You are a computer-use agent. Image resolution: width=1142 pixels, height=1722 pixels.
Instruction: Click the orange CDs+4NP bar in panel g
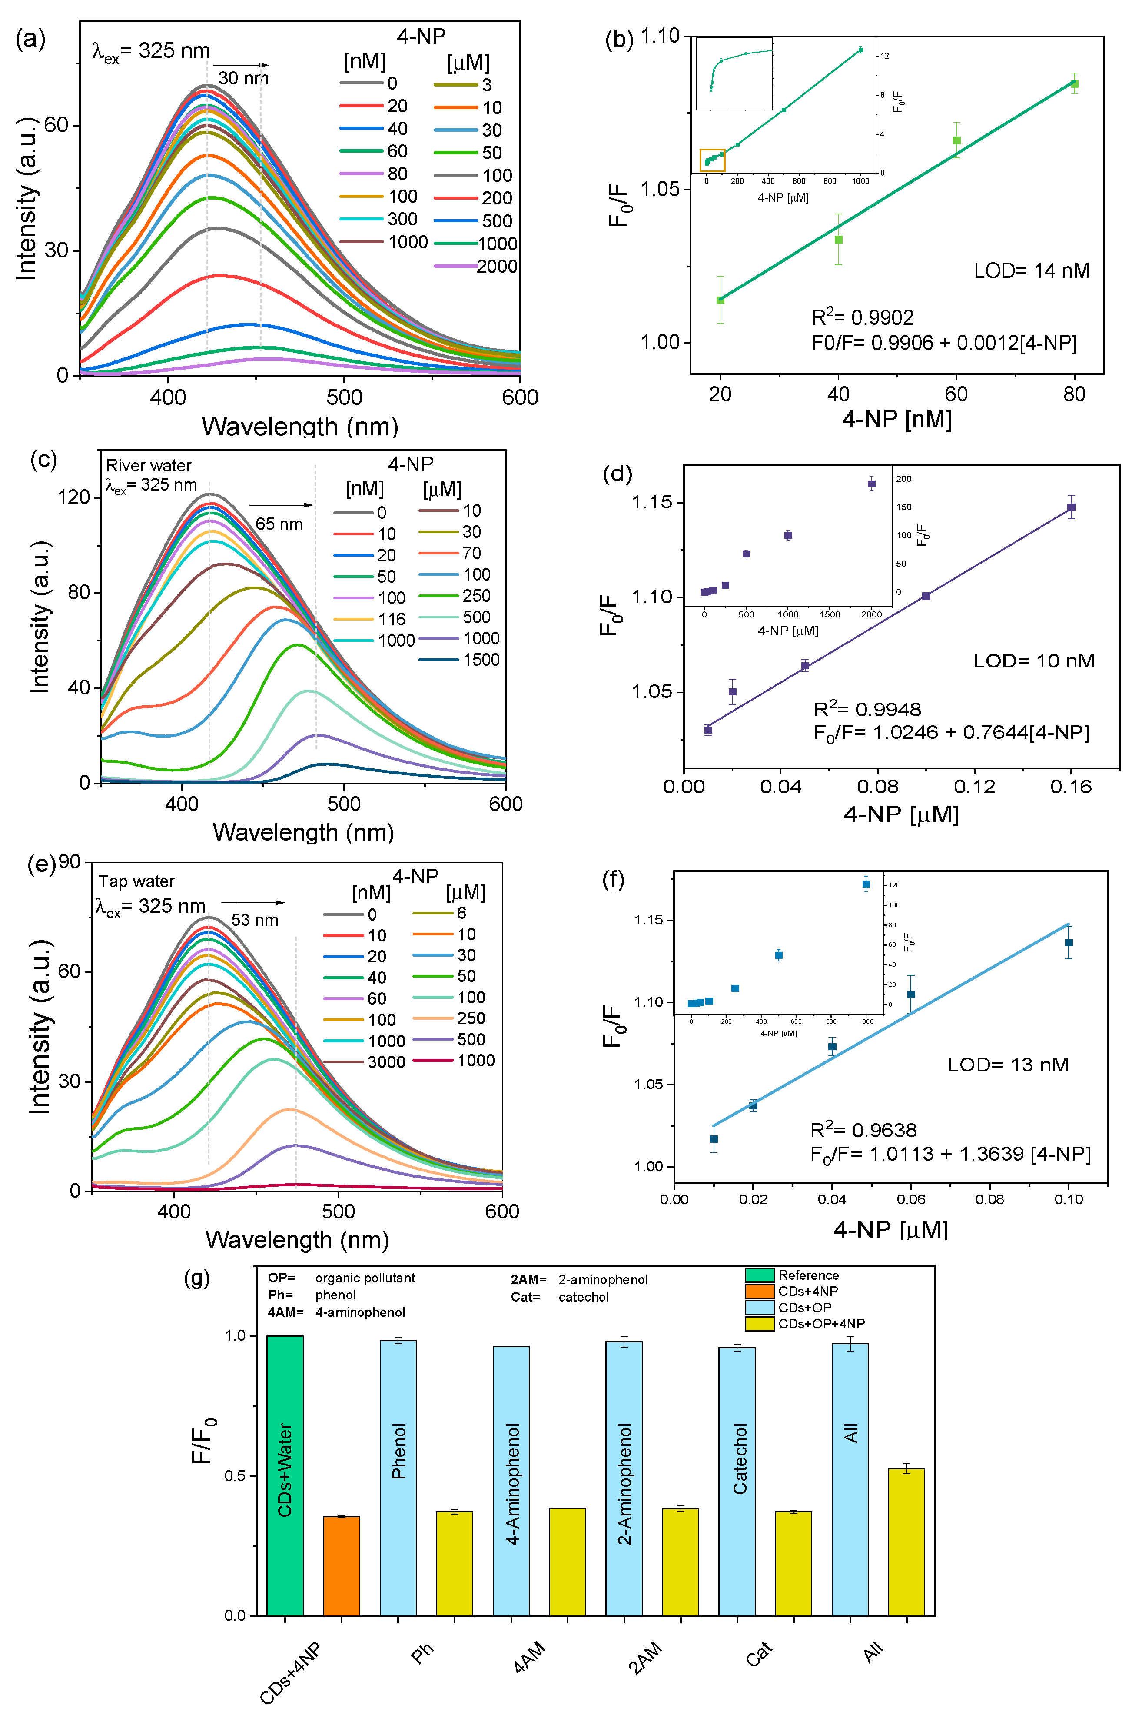point(342,1567)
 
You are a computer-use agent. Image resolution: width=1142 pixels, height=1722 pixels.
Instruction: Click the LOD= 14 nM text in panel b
point(1031,271)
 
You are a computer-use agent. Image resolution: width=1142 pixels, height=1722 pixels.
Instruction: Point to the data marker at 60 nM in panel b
point(956,140)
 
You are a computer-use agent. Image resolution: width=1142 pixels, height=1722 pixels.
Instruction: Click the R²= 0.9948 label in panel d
point(866,709)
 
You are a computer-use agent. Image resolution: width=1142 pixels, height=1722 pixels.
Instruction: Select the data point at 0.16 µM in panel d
point(1071,507)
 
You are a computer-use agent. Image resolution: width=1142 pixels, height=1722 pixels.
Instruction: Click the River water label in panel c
point(149,466)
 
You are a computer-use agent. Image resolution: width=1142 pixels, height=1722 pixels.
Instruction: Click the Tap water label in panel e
point(136,882)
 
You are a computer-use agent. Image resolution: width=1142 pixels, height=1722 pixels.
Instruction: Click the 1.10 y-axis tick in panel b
point(659,36)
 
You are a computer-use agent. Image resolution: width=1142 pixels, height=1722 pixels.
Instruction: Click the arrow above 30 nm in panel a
point(240,65)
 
